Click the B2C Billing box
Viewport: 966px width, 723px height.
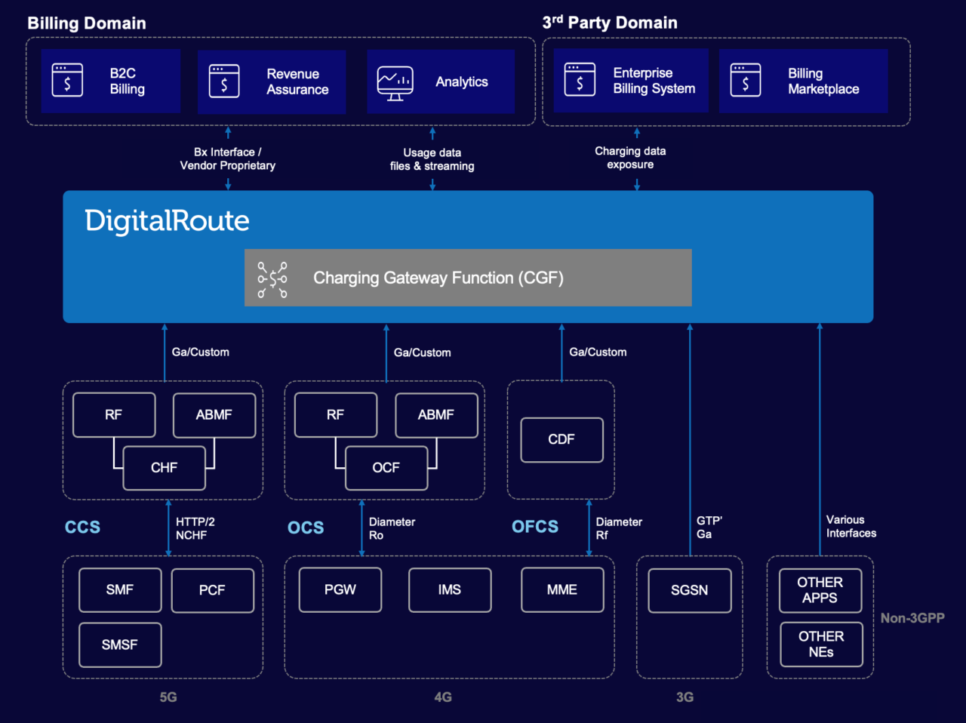pos(111,82)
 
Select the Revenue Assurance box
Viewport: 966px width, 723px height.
pos(272,82)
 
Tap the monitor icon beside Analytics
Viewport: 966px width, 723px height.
pos(395,83)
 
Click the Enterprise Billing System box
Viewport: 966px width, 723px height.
pos(631,81)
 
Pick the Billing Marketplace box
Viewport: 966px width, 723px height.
pos(803,82)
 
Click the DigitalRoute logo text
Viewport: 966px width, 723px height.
pos(167,221)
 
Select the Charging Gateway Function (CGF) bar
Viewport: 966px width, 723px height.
pos(468,278)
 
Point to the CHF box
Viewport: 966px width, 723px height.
pos(165,468)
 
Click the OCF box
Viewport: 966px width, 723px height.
pos(386,468)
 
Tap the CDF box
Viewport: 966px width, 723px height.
pos(561,439)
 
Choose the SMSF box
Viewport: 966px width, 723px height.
pos(120,645)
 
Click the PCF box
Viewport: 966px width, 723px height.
pos(212,590)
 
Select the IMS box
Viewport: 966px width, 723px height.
pos(450,590)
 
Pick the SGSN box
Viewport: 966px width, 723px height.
pos(689,590)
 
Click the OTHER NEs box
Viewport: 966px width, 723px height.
pos(821,645)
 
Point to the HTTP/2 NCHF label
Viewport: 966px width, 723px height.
pos(195,528)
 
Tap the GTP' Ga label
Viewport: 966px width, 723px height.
pos(709,528)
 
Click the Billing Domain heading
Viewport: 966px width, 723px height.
pos(87,23)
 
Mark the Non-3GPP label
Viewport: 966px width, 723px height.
pos(912,618)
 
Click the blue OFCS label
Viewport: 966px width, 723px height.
pos(535,527)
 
